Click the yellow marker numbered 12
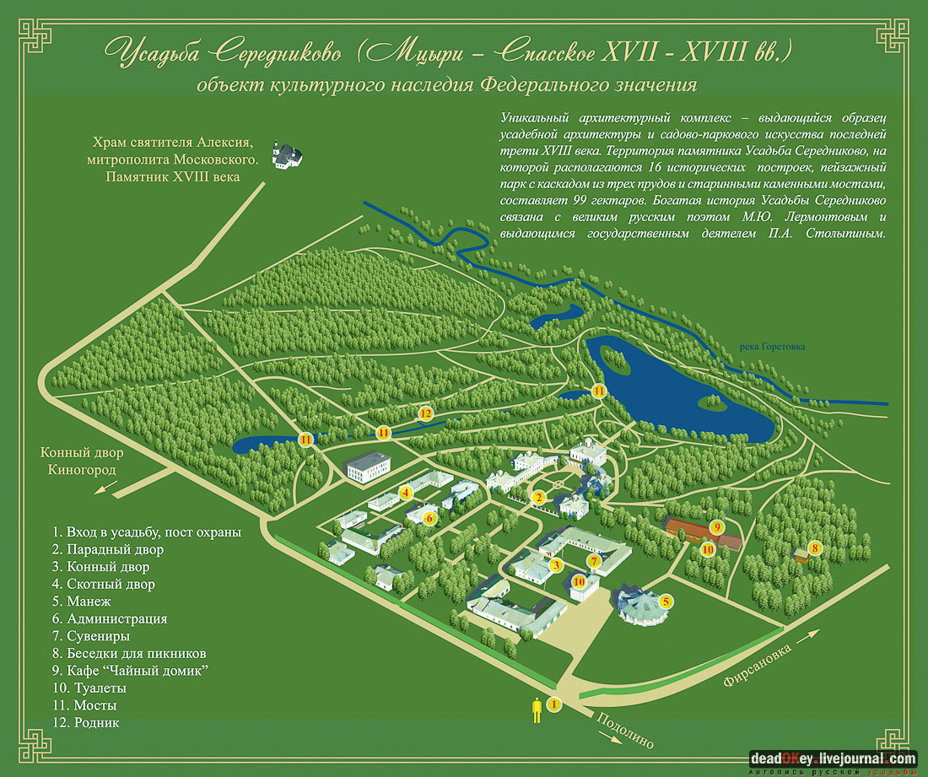(426, 413)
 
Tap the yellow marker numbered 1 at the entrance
(554, 704)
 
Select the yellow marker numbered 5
(666, 602)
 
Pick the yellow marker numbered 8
(814, 548)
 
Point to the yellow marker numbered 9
(717, 528)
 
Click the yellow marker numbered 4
(406, 492)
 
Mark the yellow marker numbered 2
(537, 497)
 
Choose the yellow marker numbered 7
(594, 561)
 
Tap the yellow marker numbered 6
(429, 517)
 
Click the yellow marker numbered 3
(556, 565)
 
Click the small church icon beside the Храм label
(286, 154)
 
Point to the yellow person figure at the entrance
(535, 710)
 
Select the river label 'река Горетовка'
(771, 346)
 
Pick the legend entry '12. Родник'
(86, 723)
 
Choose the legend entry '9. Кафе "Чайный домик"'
(130, 671)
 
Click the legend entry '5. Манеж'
(82, 602)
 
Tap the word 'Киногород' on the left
(82, 470)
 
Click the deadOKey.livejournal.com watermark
(832, 759)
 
